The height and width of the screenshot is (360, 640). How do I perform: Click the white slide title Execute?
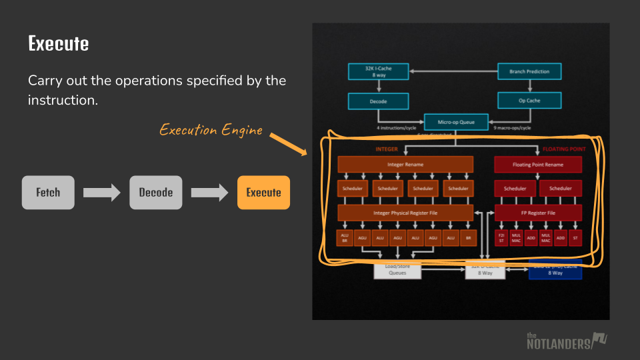(x=59, y=44)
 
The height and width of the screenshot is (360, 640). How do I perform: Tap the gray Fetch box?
(x=48, y=193)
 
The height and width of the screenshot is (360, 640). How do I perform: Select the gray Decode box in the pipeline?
(x=156, y=193)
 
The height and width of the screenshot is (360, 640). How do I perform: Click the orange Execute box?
(x=263, y=193)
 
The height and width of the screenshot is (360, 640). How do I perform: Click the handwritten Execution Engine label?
(x=211, y=130)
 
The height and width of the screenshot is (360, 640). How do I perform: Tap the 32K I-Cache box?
(x=379, y=71)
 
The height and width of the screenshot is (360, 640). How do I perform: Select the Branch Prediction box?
(x=529, y=71)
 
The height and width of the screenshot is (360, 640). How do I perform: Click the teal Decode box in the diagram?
(x=378, y=101)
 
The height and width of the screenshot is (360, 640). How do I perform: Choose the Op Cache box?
(x=529, y=101)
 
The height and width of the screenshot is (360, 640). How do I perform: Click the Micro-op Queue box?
(x=455, y=122)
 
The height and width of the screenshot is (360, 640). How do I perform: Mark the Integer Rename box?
(x=405, y=164)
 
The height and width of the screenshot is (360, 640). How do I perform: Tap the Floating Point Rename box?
(x=537, y=164)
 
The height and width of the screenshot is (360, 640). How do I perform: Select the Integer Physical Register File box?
(x=405, y=213)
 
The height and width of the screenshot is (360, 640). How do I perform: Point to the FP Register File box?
(x=537, y=213)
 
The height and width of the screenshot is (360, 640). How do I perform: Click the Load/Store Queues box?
(x=397, y=271)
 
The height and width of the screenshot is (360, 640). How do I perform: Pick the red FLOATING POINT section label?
(x=563, y=149)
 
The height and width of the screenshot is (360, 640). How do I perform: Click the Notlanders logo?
(x=567, y=341)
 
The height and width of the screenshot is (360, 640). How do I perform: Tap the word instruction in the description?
(x=61, y=101)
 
